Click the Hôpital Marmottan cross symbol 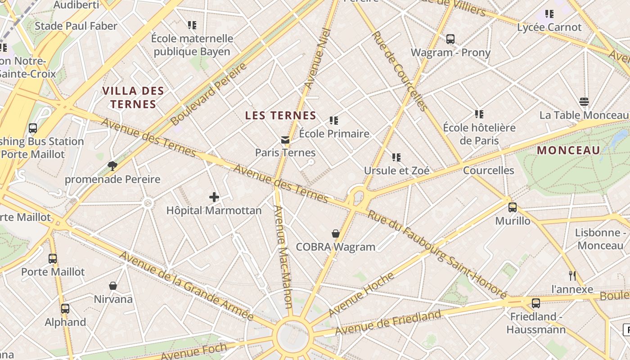214,197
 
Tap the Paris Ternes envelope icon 285,140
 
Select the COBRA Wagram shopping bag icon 336,233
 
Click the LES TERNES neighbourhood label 281,116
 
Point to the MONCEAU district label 569,150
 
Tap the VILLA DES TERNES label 133,98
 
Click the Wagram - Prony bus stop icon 450,39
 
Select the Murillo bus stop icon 513,207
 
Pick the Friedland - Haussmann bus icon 535,303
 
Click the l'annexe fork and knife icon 572,275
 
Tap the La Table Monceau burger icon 584,102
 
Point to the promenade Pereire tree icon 112,166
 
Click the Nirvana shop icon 113,286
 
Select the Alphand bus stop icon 65,309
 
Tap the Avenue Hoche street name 361,295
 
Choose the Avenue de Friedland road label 388,323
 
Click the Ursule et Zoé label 396,171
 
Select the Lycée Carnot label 549,27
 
